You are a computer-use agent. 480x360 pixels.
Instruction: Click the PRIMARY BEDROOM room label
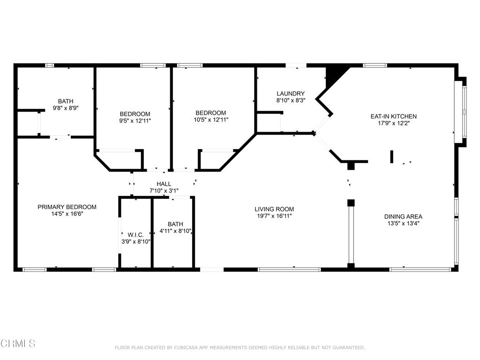pos(67,207)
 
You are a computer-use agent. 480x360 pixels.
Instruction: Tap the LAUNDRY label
pos(291,94)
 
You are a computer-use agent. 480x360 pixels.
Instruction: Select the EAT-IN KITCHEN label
pos(393,116)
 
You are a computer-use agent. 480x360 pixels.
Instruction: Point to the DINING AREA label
pos(403,217)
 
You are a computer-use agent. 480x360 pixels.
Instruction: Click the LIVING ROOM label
pos(274,209)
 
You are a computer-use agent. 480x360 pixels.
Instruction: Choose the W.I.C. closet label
pos(132,234)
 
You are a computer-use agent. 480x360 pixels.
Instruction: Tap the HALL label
pos(164,184)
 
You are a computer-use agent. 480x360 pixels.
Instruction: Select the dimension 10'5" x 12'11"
pos(210,120)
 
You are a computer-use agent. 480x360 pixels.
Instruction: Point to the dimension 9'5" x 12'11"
pos(135,121)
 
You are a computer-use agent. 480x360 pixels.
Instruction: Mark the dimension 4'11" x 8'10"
pos(175,231)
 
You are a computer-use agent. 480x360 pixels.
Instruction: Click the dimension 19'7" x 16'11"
pos(274,217)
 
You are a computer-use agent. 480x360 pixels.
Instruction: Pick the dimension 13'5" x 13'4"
pos(403,224)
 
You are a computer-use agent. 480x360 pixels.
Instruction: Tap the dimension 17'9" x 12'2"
pos(393,124)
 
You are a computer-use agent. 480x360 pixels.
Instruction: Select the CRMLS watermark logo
pos(18,344)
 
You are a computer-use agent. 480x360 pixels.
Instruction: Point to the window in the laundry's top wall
pos(296,66)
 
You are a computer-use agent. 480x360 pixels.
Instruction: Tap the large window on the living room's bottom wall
pos(289,270)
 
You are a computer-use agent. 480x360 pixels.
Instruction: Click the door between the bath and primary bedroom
pos(60,137)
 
